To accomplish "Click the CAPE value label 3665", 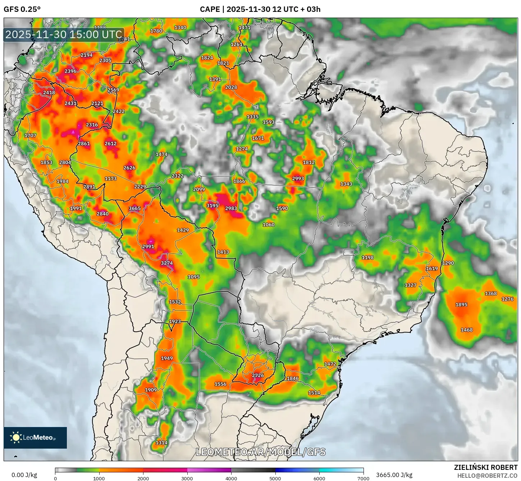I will click(135, 208).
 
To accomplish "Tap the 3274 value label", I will click(167, 263).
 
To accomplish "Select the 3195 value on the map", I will click(212, 205).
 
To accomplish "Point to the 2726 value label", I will click(258, 375).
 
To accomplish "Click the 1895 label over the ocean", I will click(461, 304).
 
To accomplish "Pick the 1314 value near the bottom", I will click(161, 443).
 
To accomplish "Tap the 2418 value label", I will click(49, 92).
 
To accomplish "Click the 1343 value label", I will click(346, 184).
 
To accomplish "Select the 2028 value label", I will click(231, 87).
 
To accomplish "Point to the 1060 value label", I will click(269, 224).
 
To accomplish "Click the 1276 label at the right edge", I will click(507, 299).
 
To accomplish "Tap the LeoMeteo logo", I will click(35, 437).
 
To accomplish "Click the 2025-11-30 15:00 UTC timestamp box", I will click(64, 35).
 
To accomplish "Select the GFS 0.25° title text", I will click(22, 9).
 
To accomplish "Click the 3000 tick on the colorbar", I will click(187, 478).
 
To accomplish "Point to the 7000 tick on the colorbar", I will click(363, 478).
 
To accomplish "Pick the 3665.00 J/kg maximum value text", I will click(394, 475).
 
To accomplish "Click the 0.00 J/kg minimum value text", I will click(24, 475).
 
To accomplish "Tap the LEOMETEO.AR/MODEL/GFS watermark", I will click(261, 452).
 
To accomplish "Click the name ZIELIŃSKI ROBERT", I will click(485, 467).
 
